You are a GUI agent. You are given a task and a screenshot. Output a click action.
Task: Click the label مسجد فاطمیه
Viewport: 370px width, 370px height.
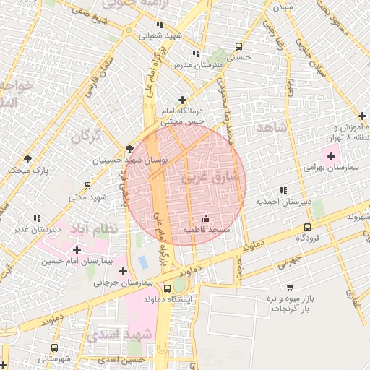click(206, 229)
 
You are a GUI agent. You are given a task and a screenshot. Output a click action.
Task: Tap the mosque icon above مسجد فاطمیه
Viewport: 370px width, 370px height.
click(206, 218)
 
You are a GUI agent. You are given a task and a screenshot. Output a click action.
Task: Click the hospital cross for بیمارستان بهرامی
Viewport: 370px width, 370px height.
click(332, 156)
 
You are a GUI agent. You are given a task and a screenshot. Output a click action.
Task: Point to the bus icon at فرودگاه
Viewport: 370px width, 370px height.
click(308, 226)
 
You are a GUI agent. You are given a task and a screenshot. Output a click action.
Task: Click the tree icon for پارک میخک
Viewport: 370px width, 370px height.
click(28, 159)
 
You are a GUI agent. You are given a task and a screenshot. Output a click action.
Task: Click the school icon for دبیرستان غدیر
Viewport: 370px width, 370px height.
click(36, 218)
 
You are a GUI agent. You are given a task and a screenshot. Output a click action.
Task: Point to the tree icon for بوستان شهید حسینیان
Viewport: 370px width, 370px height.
click(129, 148)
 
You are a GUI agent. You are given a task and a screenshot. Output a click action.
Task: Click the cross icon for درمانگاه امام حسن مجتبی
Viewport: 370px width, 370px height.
click(182, 100)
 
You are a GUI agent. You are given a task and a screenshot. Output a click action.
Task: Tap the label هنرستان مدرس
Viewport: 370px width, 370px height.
click(194, 64)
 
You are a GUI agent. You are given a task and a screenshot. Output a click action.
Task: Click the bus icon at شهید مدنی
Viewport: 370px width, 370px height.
click(87, 186)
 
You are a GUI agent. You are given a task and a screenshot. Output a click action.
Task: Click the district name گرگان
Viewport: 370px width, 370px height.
click(86, 135)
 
